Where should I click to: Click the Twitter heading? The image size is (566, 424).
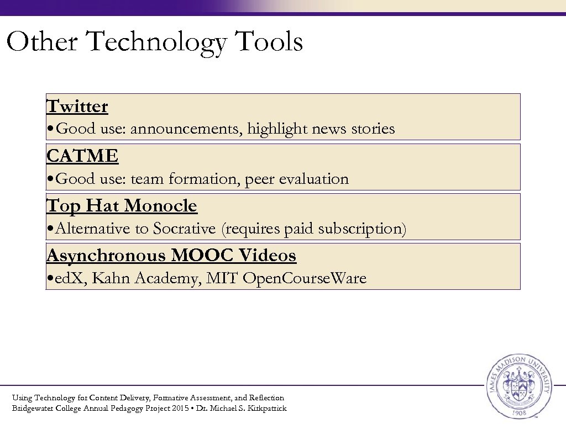pyautogui.click(x=77, y=106)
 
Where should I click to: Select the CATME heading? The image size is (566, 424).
pyautogui.click(x=82, y=156)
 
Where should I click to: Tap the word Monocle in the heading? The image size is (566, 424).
pyautogui.click(x=160, y=206)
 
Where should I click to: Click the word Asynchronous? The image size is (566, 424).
pyautogui.click(x=106, y=256)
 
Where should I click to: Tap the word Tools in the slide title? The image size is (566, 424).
pyautogui.click(x=269, y=42)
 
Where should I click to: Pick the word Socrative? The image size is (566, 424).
pyautogui.click(x=184, y=229)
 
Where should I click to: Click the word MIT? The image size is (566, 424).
pyautogui.click(x=222, y=278)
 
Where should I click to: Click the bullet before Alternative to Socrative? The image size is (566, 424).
pyautogui.click(x=50, y=229)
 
